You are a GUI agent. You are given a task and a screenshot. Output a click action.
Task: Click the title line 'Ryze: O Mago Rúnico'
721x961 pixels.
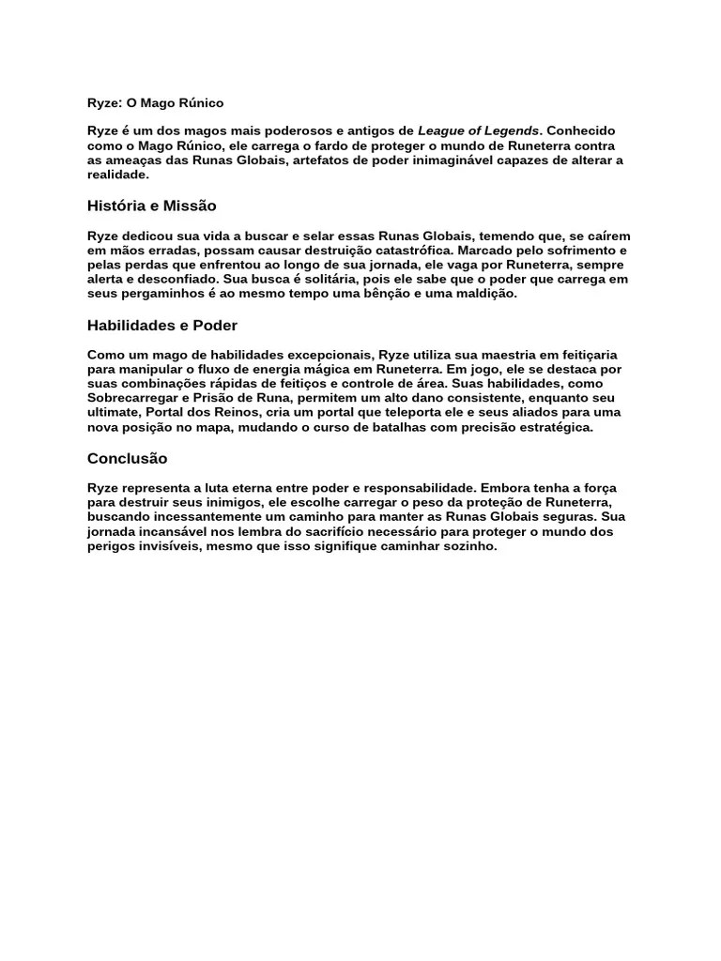[156, 102]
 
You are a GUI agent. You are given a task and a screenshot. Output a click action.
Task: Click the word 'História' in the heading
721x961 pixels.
[116, 206]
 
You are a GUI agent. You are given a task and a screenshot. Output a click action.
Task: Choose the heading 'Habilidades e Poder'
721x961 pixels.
[162, 326]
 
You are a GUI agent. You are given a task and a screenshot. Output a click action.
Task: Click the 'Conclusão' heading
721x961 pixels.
[127, 459]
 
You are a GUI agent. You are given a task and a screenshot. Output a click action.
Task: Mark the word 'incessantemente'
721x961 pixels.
[197, 517]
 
